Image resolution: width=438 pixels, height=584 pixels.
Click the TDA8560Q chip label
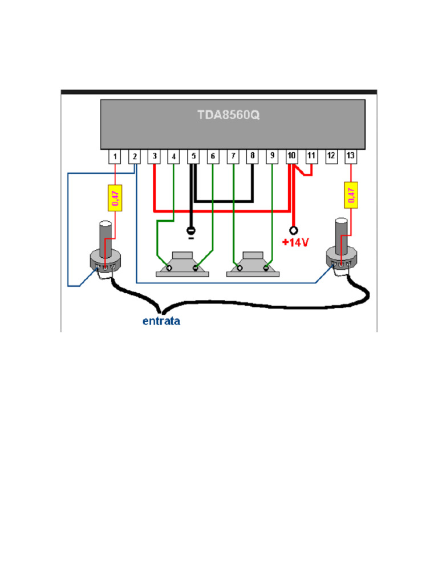[x=228, y=115]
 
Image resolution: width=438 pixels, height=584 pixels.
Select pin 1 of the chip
[x=115, y=156]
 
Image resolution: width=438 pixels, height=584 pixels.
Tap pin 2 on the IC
[x=135, y=156]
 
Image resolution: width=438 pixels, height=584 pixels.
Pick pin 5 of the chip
[x=193, y=156]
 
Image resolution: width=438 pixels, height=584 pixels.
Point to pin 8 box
[x=252, y=156]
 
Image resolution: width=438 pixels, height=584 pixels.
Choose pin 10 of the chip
[x=291, y=156]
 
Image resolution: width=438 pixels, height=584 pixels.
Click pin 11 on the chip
[x=311, y=156]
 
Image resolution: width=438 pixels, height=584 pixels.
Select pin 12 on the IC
[x=330, y=156]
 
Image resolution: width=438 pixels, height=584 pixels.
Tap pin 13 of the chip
[x=350, y=156]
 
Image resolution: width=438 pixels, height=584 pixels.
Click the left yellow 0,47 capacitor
[x=115, y=197]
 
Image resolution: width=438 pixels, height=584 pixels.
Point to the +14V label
[x=295, y=243]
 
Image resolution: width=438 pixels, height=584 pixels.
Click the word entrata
[x=161, y=321]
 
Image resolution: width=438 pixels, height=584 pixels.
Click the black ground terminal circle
[x=191, y=230]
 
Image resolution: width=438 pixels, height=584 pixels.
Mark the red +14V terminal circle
[x=294, y=230]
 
